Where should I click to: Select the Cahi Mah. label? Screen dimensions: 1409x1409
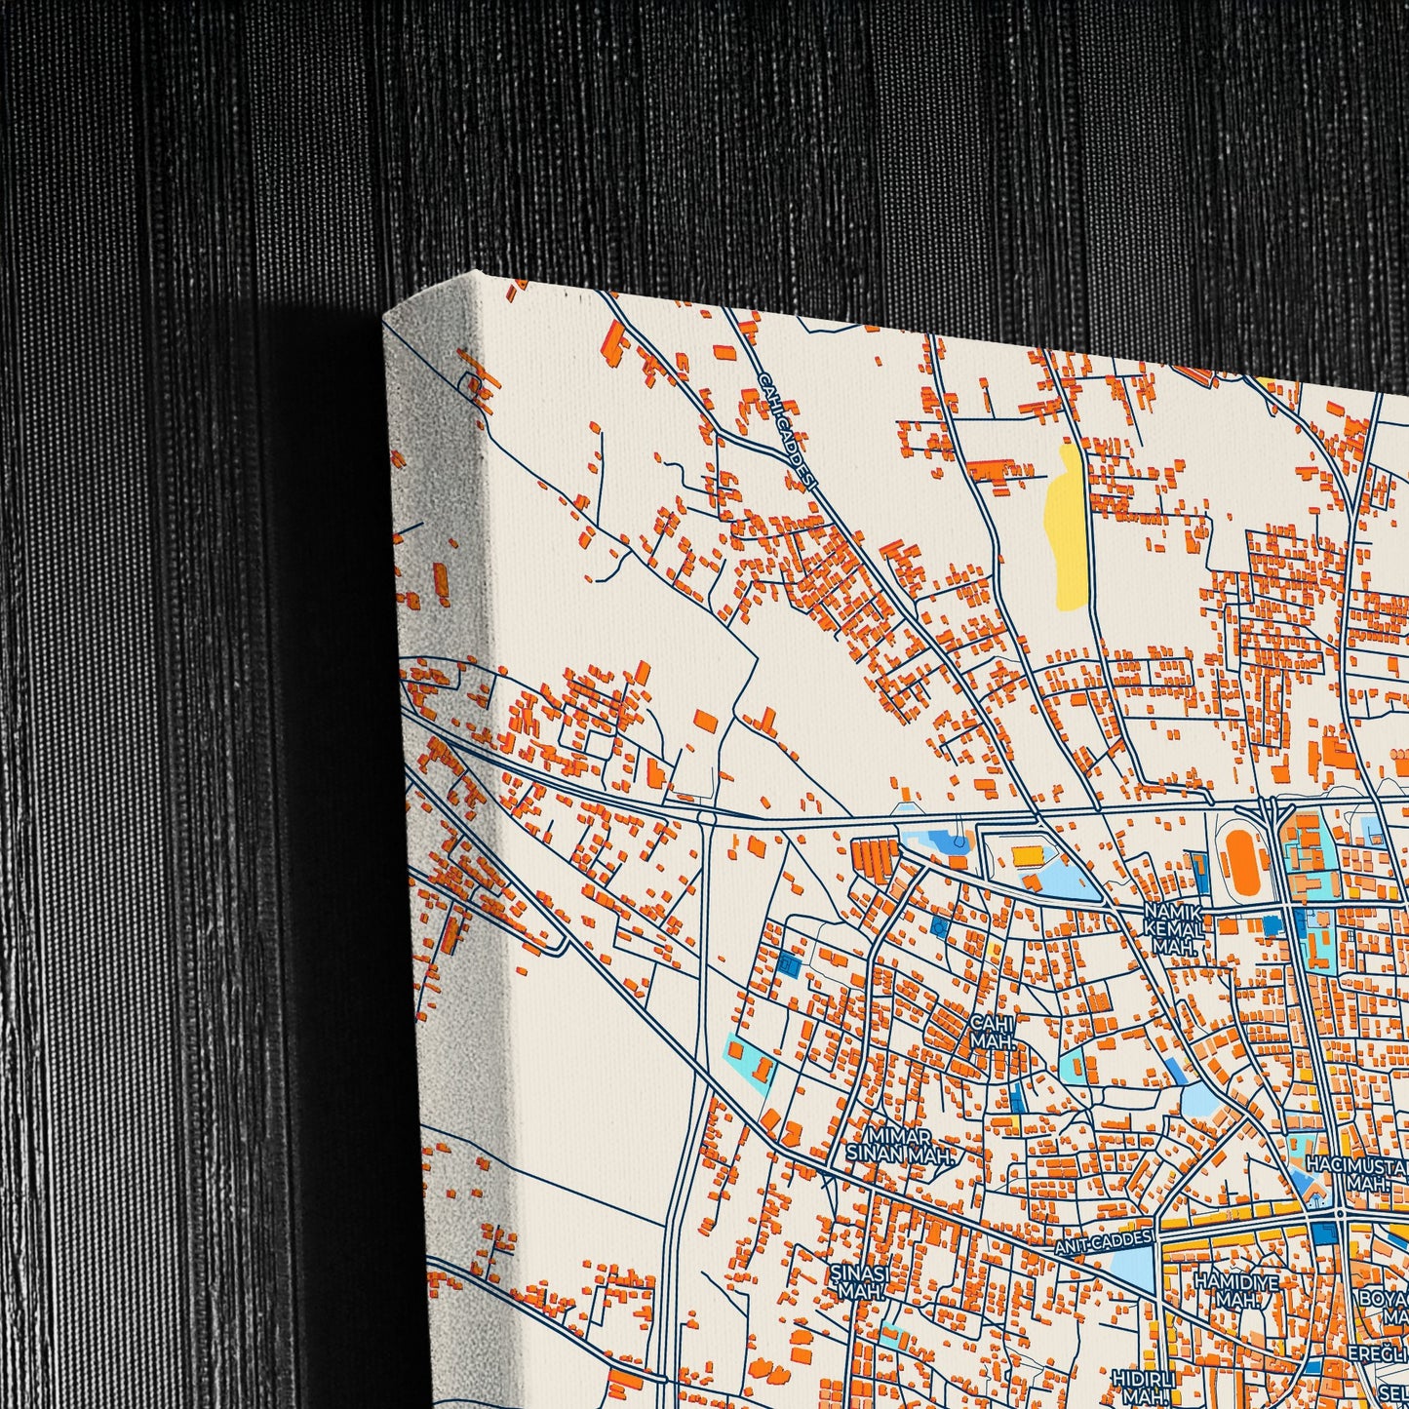(992, 1032)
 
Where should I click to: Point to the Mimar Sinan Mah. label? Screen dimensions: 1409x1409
(897, 1145)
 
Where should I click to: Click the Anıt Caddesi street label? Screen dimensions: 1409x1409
(1105, 1242)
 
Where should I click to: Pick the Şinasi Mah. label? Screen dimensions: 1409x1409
(857, 1280)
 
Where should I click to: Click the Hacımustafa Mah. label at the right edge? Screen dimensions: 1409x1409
(1359, 1173)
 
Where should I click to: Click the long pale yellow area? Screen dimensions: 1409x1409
(1066, 526)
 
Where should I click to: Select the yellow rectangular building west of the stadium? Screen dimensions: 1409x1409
(1026, 856)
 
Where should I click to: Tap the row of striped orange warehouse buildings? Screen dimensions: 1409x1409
(874, 856)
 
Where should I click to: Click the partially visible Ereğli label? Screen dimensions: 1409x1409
(1379, 1353)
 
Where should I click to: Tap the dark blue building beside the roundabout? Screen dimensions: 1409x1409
(1323, 1233)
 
